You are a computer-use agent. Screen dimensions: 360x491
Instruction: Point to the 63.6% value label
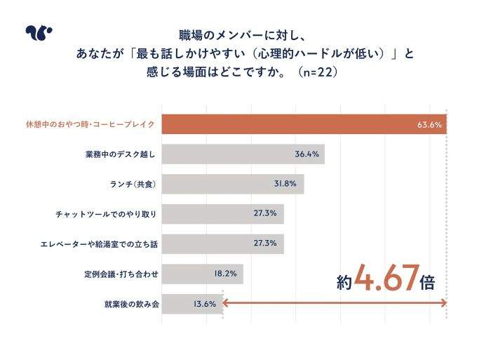click(x=429, y=124)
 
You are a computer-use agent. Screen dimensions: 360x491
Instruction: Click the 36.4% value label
click(x=307, y=154)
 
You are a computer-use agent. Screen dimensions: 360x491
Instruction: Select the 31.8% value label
click(x=286, y=185)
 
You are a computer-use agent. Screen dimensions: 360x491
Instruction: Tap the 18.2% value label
click(x=225, y=274)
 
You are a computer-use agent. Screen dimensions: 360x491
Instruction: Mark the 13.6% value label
click(x=204, y=304)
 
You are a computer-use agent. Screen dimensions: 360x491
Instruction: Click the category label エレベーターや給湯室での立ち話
click(x=99, y=244)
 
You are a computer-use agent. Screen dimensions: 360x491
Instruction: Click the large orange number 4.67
click(x=386, y=279)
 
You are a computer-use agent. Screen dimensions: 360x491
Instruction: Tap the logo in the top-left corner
click(x=38, y=33)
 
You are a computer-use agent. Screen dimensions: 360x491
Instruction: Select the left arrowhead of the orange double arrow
click(x=226, y=303)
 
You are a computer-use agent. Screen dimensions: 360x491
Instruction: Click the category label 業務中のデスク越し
click(x=119, y=154)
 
